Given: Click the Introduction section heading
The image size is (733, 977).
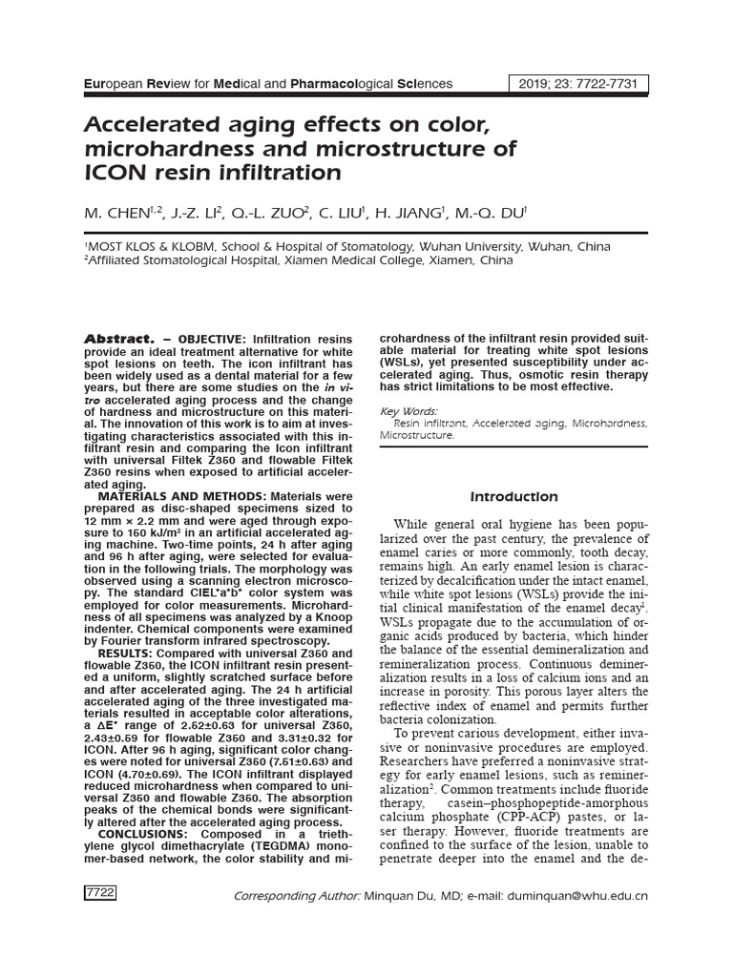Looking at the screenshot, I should [x=513, y=496].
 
